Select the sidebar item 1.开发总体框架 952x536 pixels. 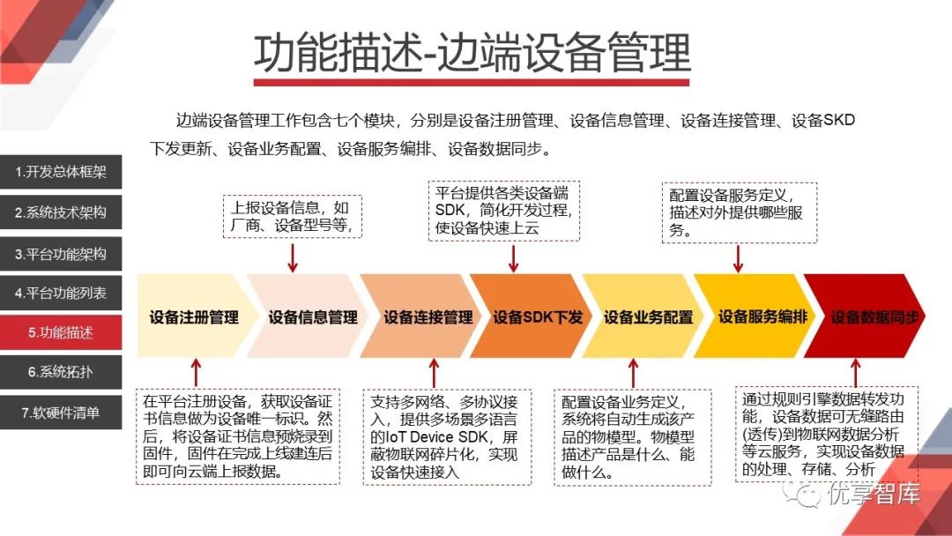[61, 173]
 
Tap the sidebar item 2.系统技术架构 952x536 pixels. [61, 212]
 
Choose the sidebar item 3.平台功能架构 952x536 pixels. [61, 253]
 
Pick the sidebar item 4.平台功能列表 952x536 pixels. [61, 293]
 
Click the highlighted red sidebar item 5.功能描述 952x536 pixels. [61, 332]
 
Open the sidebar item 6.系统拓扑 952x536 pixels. [61, 372]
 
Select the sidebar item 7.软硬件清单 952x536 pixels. [61, 412]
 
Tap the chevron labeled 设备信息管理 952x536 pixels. [312, 316]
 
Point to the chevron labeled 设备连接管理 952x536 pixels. [428, 316]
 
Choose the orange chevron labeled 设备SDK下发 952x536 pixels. [537, 316]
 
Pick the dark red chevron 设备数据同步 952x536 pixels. [874, 316]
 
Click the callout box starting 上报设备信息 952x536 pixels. [292, 216]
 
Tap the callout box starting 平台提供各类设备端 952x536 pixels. [504, 211]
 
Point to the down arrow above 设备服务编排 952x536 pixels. [739, 257]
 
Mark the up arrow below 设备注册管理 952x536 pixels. [196, 372]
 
